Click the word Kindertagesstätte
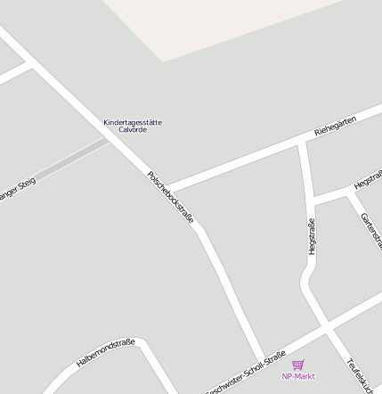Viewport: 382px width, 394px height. coord(133,122)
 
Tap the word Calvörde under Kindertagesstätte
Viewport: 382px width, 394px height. coord(133,130)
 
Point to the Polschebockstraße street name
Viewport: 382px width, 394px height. coord(171,196)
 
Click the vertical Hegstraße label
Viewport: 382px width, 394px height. coord(312,236)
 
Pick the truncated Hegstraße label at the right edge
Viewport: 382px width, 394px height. coord(368,180)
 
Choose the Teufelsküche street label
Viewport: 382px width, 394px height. coord(363,375)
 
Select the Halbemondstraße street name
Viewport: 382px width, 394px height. coord(105,353)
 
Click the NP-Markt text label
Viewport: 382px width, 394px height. coord(298,376)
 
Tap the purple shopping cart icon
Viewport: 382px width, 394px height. coord(297,365)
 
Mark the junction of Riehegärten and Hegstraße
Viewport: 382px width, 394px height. coord(304,143)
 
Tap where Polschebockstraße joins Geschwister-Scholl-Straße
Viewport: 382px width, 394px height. coord(263,357)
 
